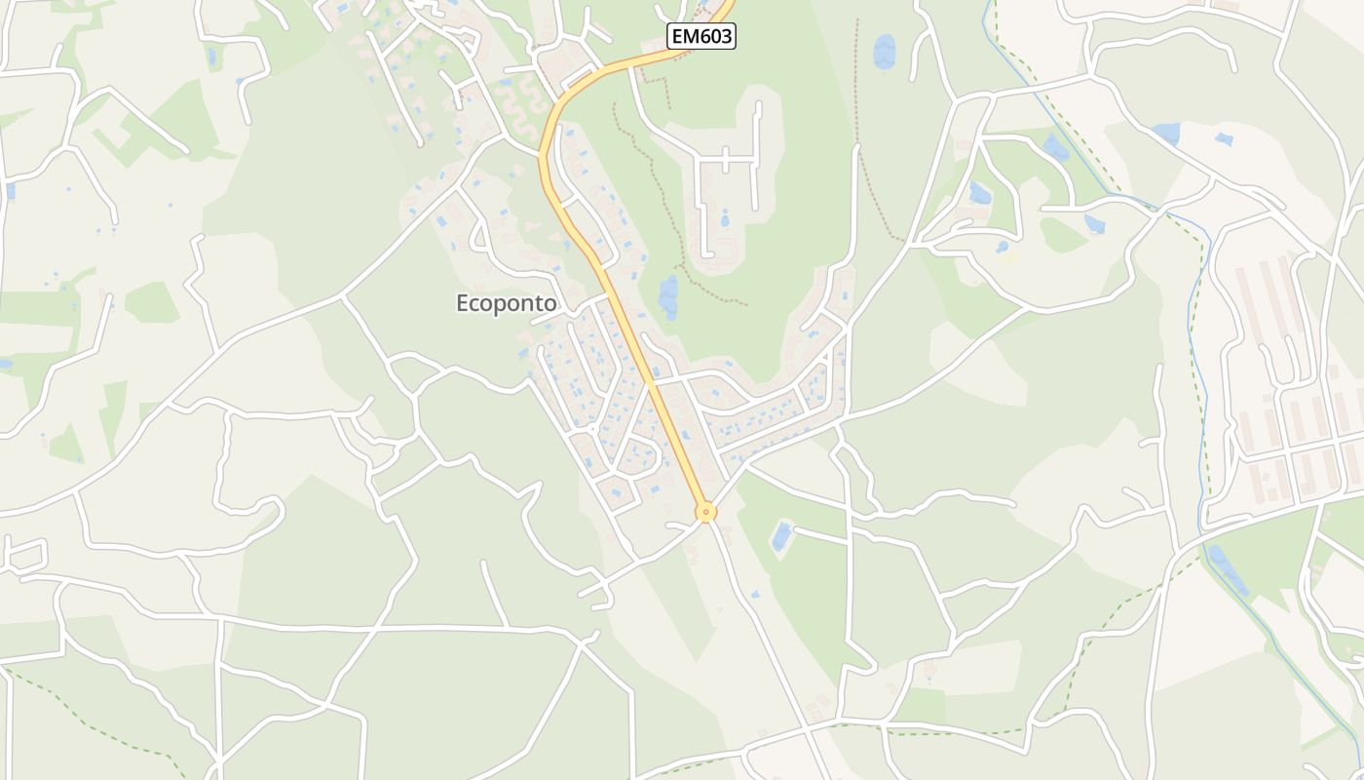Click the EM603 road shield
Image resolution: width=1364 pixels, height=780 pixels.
pos(701,37)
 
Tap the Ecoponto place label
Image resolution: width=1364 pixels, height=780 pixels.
pos(507,303)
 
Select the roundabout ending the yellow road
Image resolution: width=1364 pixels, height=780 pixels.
pos(705,511)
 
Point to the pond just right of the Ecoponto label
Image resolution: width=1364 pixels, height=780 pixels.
pos(668,296)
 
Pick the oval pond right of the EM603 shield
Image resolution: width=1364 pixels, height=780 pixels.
pos(884,51)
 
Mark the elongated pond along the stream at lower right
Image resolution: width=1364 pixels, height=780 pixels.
pos(1228,570)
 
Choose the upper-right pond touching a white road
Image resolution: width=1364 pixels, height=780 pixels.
pos(1165,133)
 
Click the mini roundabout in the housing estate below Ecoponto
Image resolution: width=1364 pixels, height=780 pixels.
pos(591,428)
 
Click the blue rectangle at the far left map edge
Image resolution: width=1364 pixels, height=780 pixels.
pos(10,190)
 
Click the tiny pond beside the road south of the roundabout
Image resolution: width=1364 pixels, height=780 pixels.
pos(754,593)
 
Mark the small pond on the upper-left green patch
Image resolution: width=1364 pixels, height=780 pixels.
pos(211,57)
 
